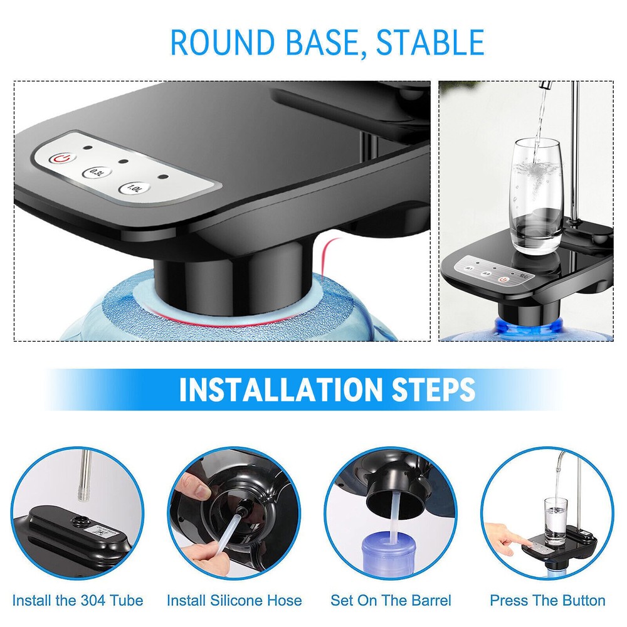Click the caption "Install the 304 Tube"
(x=78, y=600)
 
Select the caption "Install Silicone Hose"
(x=234, y=600)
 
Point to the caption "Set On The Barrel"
(x=391, y=600)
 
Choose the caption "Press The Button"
(x=547, y=600)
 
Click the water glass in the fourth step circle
(x=555, y=520)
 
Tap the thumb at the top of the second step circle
(x=191, y=485)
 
